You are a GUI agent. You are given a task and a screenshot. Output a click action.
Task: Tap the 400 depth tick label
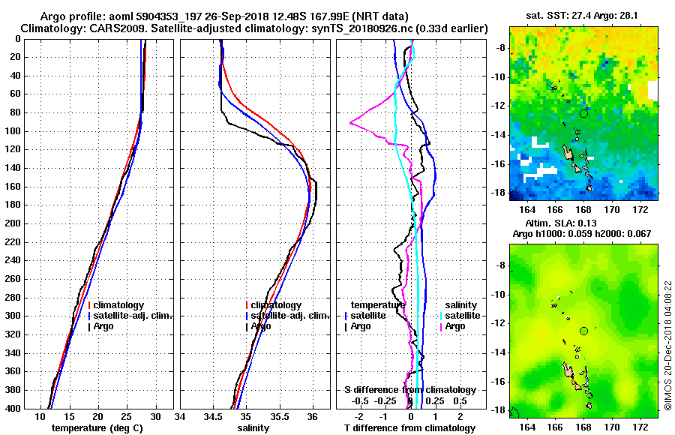[13, 409]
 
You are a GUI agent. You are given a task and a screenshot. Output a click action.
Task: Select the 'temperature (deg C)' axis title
[97, 428]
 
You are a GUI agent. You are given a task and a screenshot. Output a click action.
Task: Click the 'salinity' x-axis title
[253, 428]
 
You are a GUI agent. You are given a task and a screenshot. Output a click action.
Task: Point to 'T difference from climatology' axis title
[410, 428]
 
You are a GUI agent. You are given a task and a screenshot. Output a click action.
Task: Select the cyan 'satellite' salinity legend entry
[458, 316]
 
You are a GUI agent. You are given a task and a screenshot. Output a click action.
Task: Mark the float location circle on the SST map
[583, 113]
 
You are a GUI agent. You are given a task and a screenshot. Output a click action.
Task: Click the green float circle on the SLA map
[583, 331]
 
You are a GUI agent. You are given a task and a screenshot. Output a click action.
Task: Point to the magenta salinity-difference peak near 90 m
[351, 123]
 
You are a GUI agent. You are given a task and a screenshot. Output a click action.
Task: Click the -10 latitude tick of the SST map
[498, 76]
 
